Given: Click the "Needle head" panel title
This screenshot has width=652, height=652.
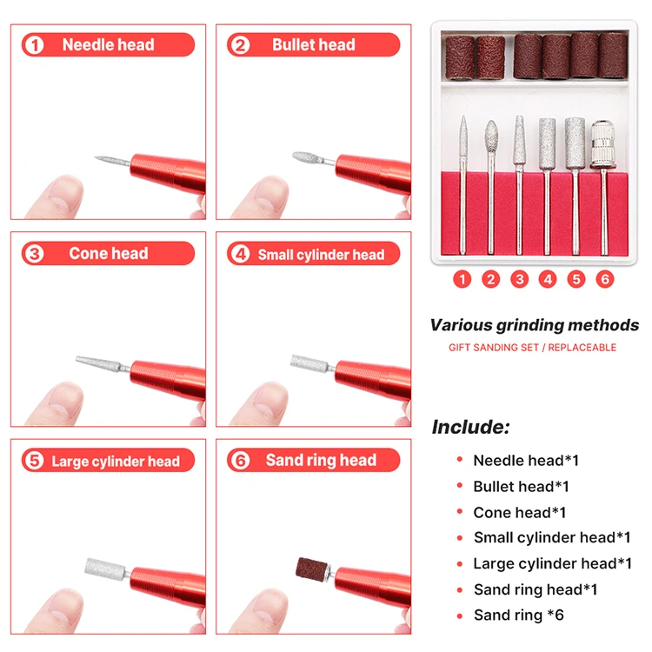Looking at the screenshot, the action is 108,44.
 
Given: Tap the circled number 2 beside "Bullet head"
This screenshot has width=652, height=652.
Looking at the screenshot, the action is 240,45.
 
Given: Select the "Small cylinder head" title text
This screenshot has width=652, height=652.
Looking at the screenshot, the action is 321,255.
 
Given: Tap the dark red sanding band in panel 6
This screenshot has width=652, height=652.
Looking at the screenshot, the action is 311,568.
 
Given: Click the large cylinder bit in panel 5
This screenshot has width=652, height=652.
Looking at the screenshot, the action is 105,568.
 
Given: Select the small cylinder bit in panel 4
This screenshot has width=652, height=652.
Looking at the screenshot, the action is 309,363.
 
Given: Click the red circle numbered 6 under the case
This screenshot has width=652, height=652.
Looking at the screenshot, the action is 604,279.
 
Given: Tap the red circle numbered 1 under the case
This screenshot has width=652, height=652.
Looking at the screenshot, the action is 462,279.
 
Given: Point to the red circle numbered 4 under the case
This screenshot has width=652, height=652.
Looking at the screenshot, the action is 548,279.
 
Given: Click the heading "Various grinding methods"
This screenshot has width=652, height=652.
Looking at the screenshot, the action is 535,325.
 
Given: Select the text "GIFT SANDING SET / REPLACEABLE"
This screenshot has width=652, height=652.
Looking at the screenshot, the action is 532,348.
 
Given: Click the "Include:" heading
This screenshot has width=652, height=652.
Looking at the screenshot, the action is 470,427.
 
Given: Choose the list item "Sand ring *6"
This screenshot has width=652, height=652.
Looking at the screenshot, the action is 518,615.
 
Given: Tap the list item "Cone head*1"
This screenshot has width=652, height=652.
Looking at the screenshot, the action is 519,512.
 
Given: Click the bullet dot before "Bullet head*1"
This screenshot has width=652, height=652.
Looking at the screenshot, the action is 460,486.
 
